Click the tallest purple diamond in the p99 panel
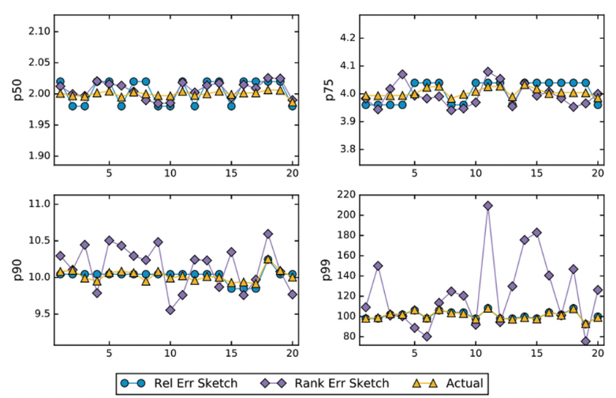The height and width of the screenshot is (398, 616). pos(487,205)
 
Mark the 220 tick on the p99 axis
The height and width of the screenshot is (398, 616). pos(342,194)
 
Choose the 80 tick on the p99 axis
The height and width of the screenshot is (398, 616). pos(345,336)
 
